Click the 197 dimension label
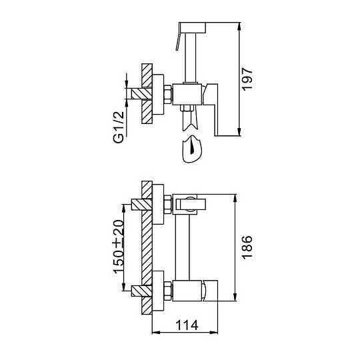pyautogui.click(x=248, y=79)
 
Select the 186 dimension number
pyautogui.click(x=247, y=247)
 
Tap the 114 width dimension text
pyautogui.click(x=187, y=325)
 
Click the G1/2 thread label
pyautogui.click(x=119, y=127)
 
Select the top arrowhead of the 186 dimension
pyautogui.click(x=235, y=198)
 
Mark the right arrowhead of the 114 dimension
pyautogui.click(x=214, y=332)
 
